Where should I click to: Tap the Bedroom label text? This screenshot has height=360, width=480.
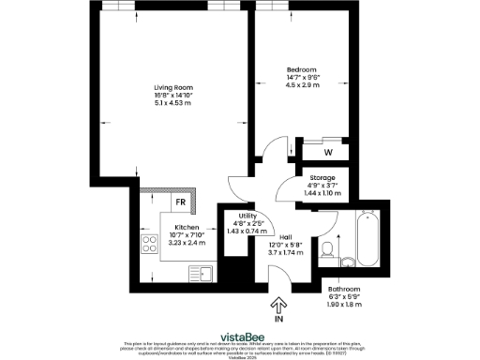tap(301, 70)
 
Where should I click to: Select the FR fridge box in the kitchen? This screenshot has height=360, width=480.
tap(178, 202)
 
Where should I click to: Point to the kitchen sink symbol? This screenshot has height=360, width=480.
tap(204, 273)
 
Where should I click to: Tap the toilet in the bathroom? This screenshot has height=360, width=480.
tap(327, 248)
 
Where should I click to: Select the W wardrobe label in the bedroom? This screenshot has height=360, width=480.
tap(328, 151)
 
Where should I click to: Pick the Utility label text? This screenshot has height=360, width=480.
tap(247, 215)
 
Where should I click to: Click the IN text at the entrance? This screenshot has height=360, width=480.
tap(278, 319)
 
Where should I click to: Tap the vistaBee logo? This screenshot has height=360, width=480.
tap(240, 335)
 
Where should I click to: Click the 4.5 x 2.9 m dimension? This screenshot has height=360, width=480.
tap(301, 86)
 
